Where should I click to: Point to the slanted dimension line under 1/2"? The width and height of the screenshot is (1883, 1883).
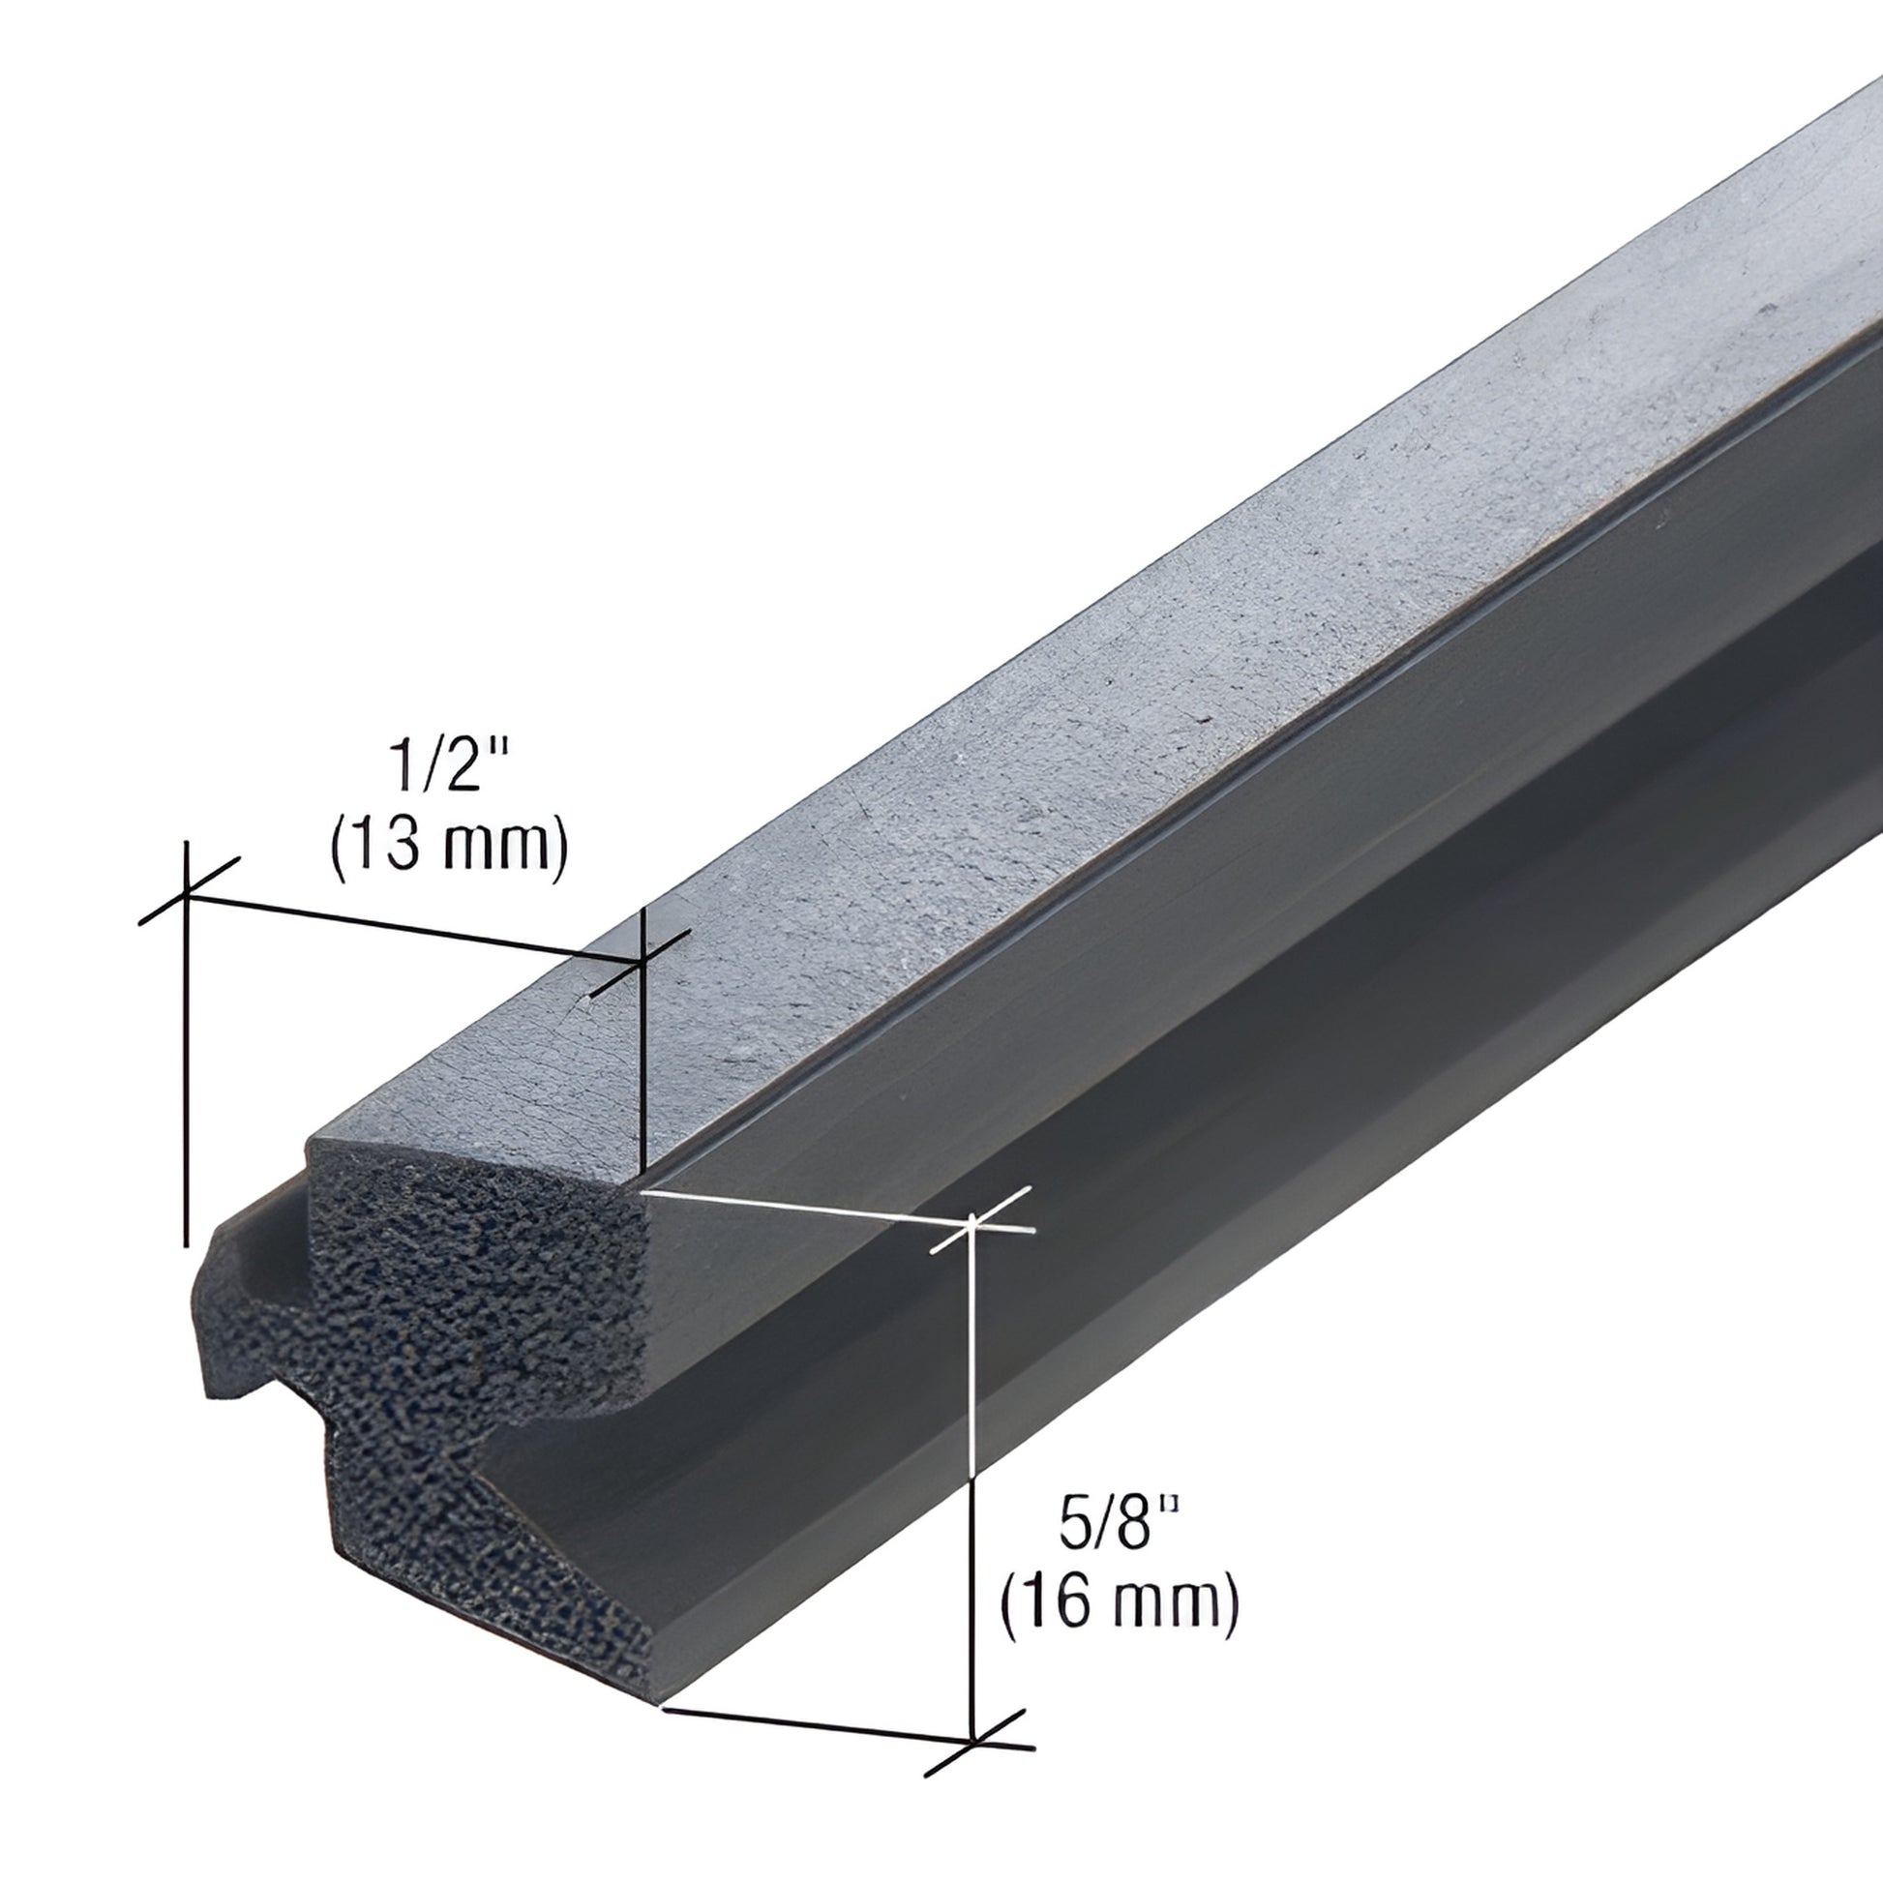point(409,926)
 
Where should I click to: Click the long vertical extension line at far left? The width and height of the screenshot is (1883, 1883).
point(185,1072)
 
